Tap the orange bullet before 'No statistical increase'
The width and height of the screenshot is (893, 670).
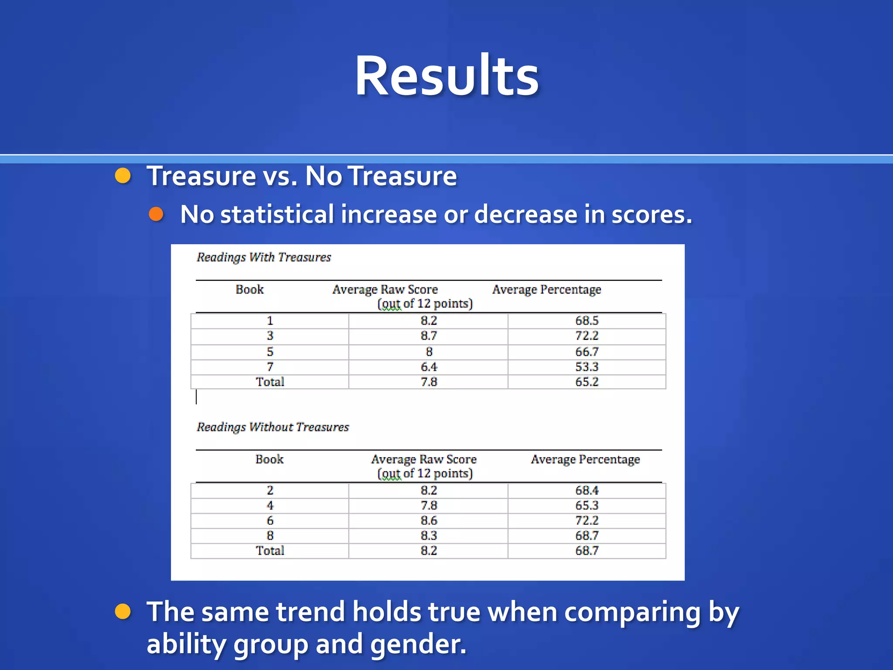(x=156, y=214)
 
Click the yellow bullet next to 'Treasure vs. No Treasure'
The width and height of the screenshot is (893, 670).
(x=123, y=176)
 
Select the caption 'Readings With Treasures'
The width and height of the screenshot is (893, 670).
(x=263, y=257)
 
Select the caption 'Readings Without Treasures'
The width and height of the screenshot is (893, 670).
(x=273, y=427)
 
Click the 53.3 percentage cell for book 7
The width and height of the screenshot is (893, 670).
(x=586, y=367)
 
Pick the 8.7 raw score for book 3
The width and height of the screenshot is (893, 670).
(x=429, y=336)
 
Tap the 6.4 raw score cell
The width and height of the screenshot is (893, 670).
(x=429, y=367)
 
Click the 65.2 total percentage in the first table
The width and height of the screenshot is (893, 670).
(x=586, y=382)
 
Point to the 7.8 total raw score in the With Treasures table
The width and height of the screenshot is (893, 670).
(x=429, y=382)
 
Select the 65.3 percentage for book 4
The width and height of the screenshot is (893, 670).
(x=586, y=506)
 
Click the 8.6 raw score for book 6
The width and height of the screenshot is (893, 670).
(x=429, y=520)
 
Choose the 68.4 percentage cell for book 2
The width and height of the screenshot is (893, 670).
(x=586, y=490)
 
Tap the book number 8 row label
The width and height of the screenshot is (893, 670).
(x=270, y=536)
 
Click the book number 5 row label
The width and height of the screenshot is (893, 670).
(x=270, y=352)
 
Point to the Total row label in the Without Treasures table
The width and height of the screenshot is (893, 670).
(x=270, y=550)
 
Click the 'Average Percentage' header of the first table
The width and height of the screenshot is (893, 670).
(x=546, y=290)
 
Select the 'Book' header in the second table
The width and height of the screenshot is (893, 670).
(x=269, y=459)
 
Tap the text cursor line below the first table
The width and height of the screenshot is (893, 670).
(x=196, y=397)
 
